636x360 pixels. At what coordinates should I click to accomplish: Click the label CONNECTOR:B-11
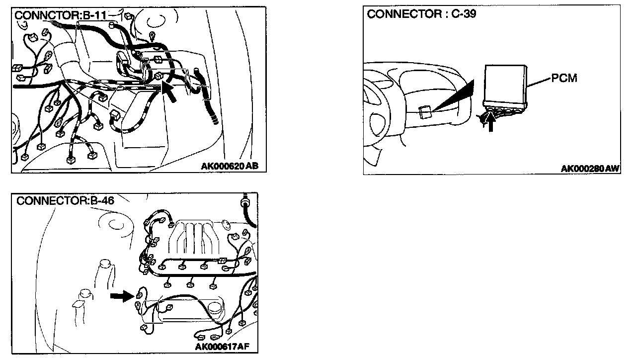pos(60,15)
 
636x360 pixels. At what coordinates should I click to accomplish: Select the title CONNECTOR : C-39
pos(422,14)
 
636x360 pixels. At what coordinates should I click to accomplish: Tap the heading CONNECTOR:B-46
pos(65,201)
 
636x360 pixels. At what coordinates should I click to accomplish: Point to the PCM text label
pos(564,78)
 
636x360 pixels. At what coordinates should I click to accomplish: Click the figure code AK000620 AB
pos(230,166)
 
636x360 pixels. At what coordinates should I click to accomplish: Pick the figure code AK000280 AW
pos(590,169)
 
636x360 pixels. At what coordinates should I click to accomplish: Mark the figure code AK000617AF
pos(222,347)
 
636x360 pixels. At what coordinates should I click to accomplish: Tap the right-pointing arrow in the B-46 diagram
pos(122,296)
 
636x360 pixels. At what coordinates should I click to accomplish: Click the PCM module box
pos(506,88)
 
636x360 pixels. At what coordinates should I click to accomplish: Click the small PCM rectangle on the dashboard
pos(425,112)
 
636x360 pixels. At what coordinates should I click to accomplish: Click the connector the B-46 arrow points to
pos(139,295)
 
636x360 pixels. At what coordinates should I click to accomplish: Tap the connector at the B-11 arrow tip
pos(159,76)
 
